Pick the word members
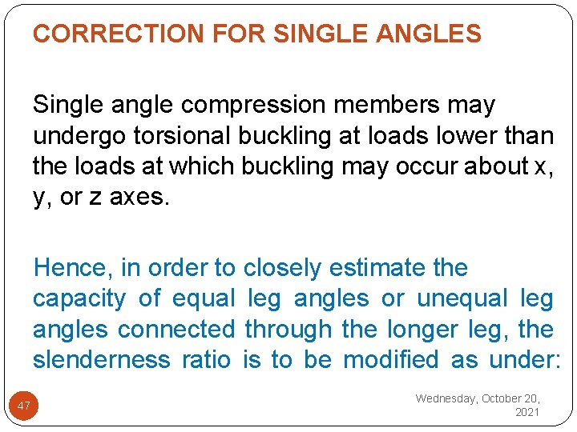(x=389, y=106)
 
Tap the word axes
(x=139, y=198)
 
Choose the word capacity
(x=79, y=298)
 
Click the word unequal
(x=462, y=298)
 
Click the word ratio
(x=207, y=359)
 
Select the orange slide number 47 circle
(x=24, y=406)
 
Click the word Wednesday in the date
(x=446, y=398)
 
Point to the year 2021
(x=527, y=413)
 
